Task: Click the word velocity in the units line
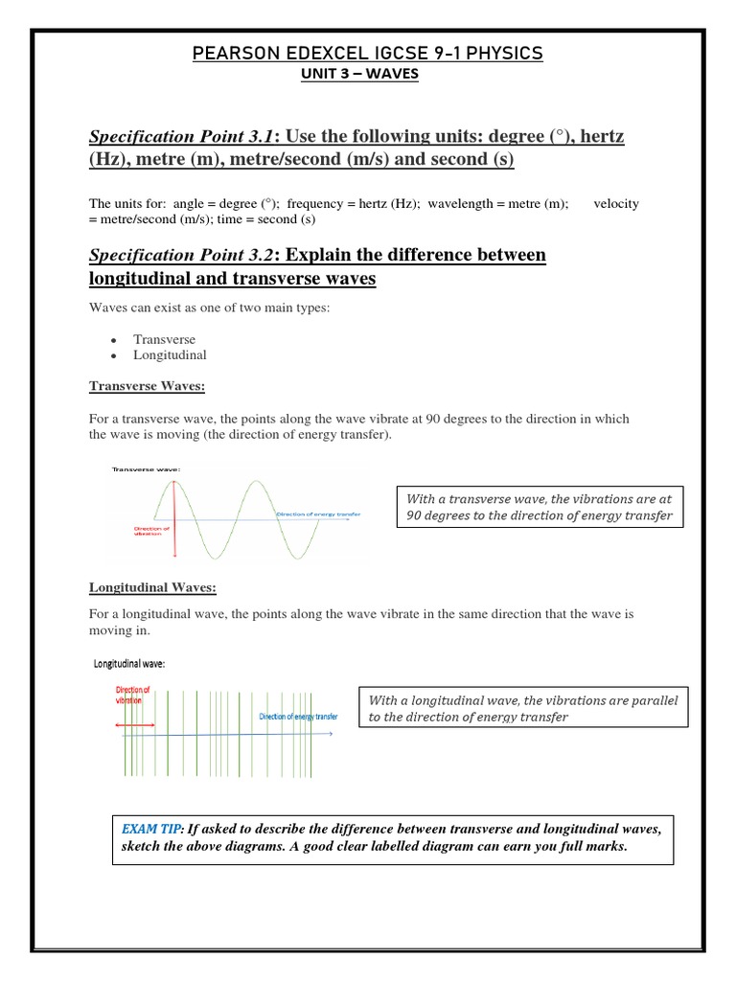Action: (x=616, y=203)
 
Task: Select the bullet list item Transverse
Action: (x=164, y=339)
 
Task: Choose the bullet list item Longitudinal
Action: (x=170, y=354)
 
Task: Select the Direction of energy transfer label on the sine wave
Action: (x=318, y=514)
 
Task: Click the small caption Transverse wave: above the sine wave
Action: (x=147, y=468)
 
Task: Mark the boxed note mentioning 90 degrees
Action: (x=540, y=507)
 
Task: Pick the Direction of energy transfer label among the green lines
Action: (x=298, y=716)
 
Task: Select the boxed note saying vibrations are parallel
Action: (x=522, y=709)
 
